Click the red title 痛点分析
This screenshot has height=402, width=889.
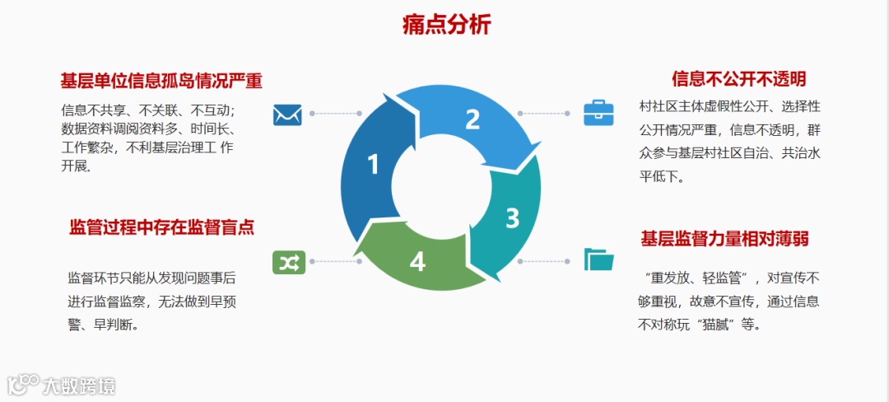(x=446, y=26)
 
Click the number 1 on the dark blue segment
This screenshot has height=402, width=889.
(x=373, y=165)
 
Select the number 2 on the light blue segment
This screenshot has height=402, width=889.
(x=472, y=119)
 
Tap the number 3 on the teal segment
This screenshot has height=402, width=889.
(x=512, y=218)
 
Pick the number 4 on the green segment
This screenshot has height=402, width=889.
(x=417, y=262)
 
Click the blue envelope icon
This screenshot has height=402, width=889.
(x=288, y=114)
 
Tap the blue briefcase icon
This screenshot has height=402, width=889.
(x=598, y=113)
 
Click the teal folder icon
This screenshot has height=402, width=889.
(x=598, y=259)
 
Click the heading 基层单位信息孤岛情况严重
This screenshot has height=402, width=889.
(x=161, y=81)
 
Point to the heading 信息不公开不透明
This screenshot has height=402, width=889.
(x=738, y=79)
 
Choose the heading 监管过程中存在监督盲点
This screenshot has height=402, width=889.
(x=161, y=227)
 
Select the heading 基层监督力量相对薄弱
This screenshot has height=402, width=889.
(x=724, y=239)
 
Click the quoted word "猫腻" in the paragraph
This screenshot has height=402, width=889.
(x=711, y=325)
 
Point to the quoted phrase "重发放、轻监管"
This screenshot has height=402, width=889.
(x=701, y=278)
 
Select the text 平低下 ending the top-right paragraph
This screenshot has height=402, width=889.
(x=659, y=176)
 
